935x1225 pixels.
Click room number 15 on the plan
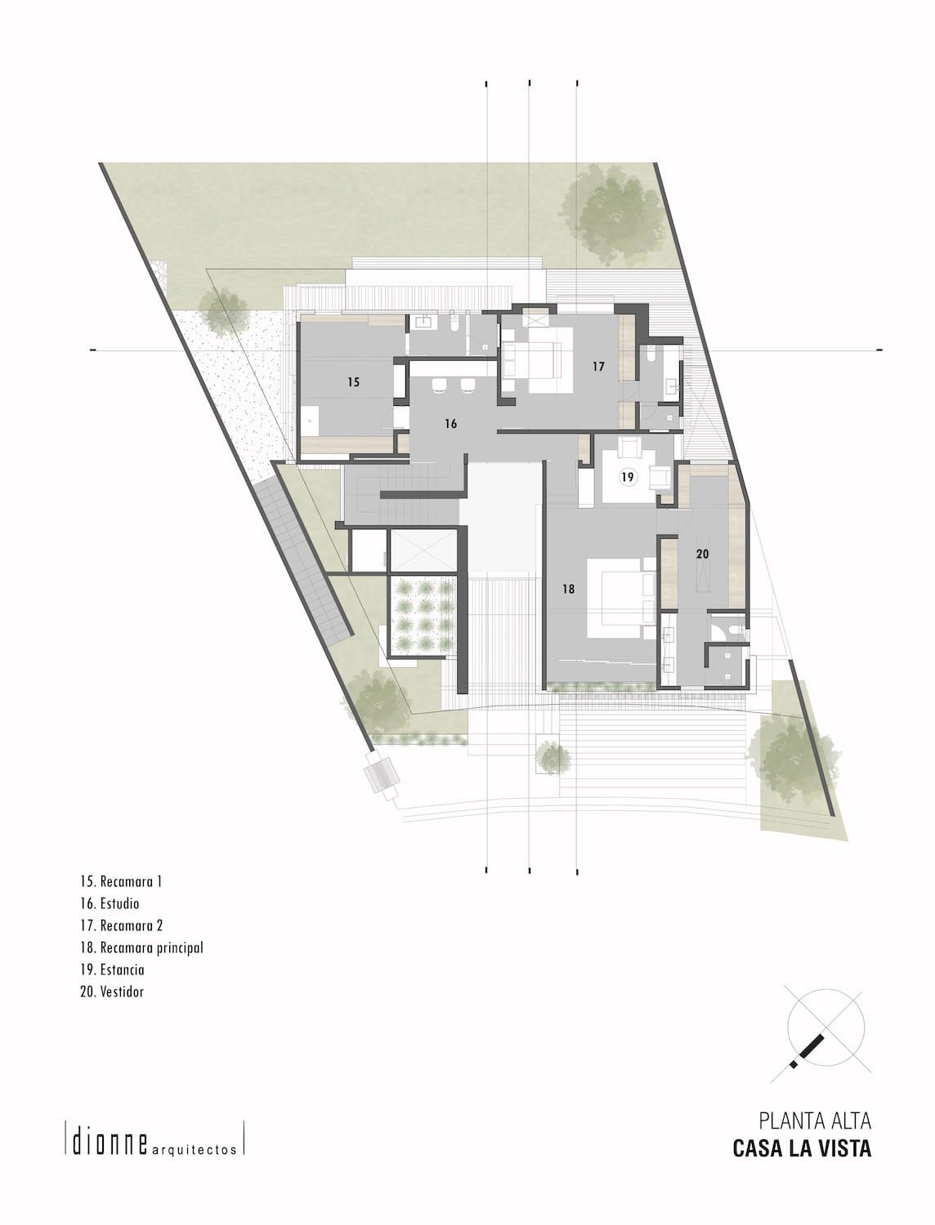tap(353, 382)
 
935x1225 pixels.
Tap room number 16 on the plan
tap(450, 424)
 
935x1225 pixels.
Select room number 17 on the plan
tap(598, 367)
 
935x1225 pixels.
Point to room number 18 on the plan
tap(569, 589)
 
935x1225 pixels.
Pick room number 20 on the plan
tap(703, 554)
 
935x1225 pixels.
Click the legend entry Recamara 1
tap(121, 882)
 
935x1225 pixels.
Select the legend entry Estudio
tap(110, 903)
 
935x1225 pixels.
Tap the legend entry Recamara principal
tap(141, 947)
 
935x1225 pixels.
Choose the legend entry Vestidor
tap(112, 991)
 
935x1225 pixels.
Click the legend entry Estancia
tap(112, 969)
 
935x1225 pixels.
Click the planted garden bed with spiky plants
tap(423, 614)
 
